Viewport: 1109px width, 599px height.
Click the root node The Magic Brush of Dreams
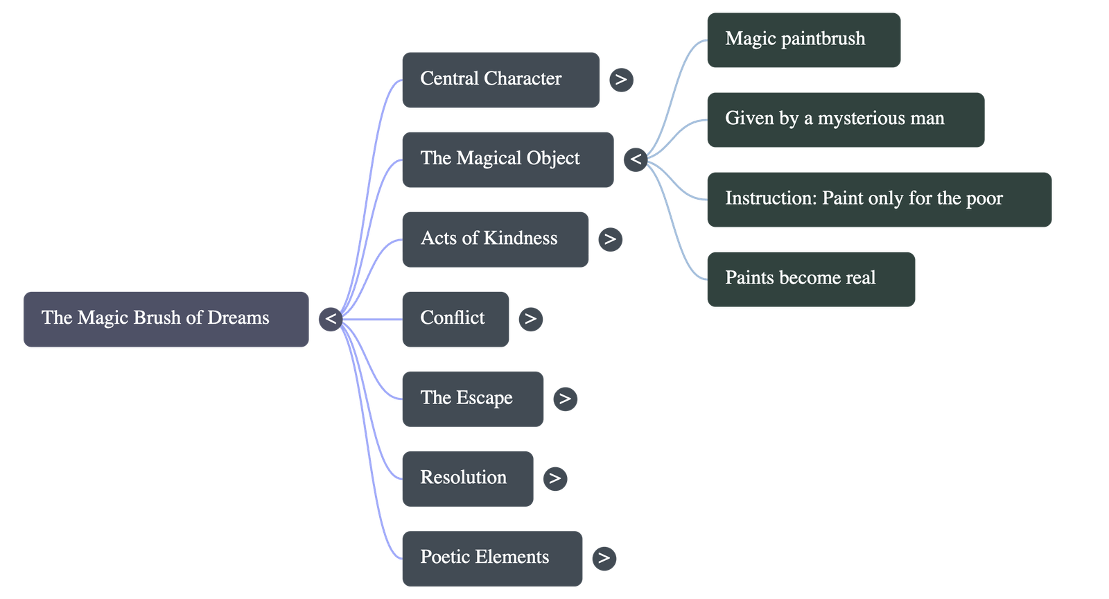coord(166,319)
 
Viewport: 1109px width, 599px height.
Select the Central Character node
coord(500,80)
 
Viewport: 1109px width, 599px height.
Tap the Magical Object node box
coord(507,159)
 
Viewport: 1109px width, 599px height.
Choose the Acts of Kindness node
coord(495,239)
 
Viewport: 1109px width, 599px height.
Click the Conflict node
coord(455,319)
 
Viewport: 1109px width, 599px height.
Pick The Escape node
coord(473,399)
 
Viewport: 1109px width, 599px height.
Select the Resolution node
coord(467,478)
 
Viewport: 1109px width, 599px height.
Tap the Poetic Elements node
coord(492,558)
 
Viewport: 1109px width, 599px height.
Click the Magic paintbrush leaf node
coord(803,40)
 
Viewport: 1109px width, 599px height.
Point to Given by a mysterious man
coord(845,119)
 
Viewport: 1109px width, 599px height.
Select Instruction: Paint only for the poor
coord(879,200)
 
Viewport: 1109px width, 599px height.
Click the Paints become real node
coord(810,279)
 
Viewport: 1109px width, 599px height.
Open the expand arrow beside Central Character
coord(621,80)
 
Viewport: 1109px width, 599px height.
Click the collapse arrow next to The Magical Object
coord(636,160)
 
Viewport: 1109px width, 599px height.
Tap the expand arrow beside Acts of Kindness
coord(610,239)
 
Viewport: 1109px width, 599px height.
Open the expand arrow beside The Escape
coord(565,399)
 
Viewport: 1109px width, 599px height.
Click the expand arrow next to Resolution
coord(554,478)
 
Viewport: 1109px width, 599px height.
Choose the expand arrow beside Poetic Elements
coord(604,558)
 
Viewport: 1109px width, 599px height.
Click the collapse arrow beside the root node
coord(331,319)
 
